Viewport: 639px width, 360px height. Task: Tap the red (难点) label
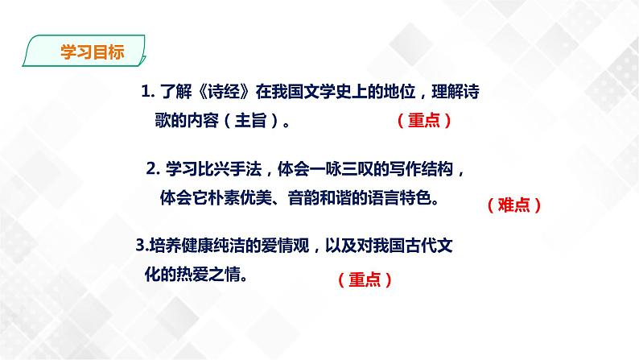click(x=513, y=205)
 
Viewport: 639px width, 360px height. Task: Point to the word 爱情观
click(x=287, y=246)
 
